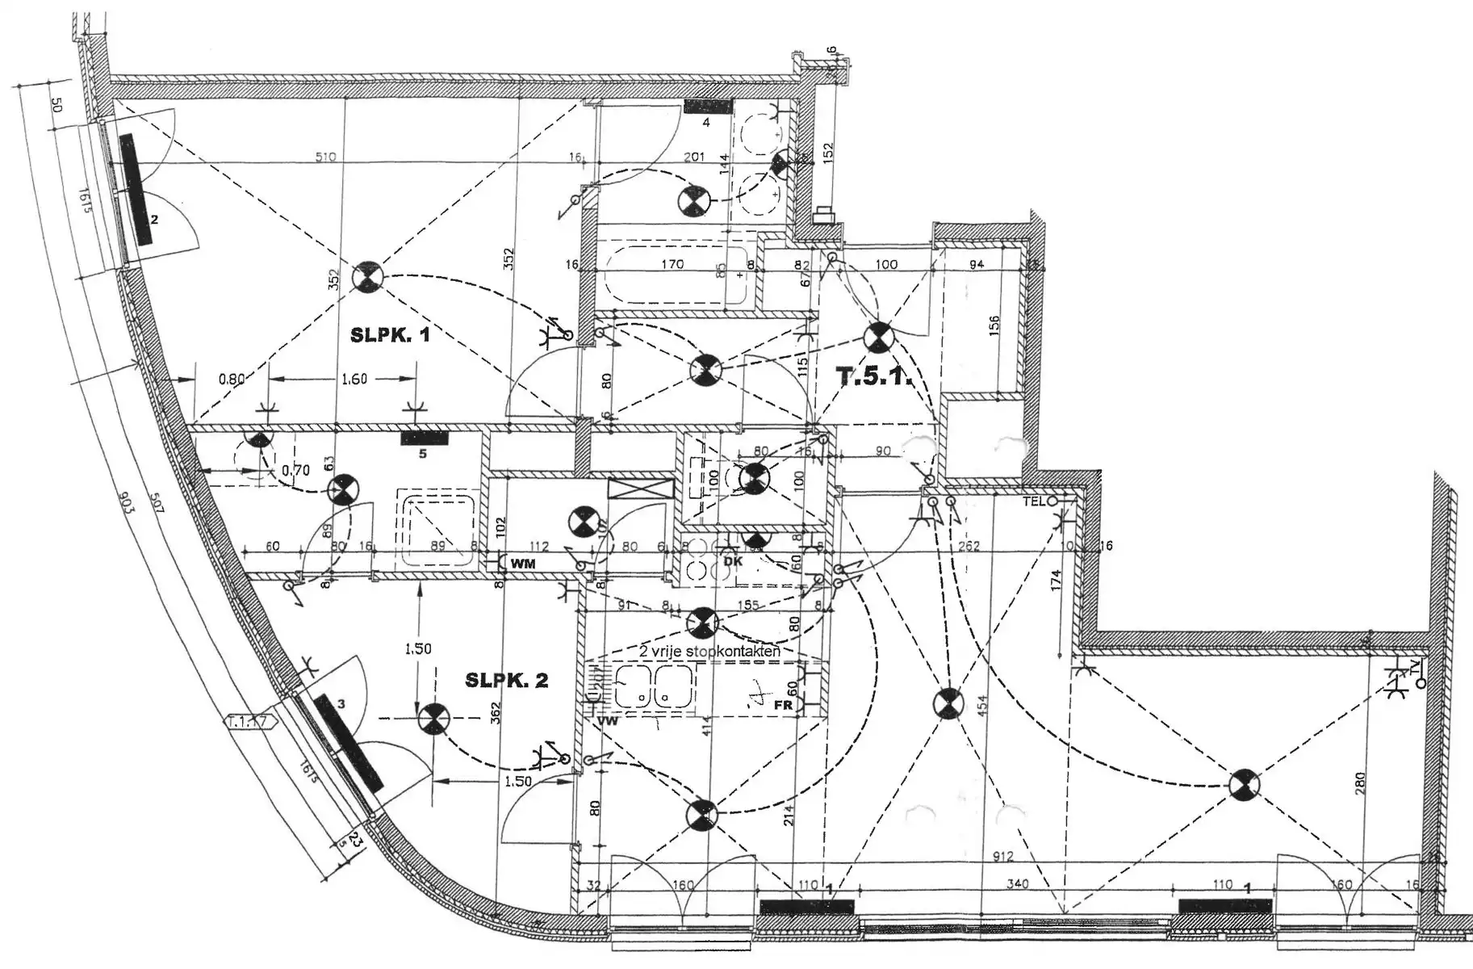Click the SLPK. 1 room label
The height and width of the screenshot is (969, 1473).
(x=390, y=335)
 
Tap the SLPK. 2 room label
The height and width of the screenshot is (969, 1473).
(x=506, y=681)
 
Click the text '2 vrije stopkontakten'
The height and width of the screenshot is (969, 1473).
(x=709, y=651)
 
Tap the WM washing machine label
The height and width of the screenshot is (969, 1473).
(x=523, y=563)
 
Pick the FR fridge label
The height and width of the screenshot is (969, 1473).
(x=783, y=704)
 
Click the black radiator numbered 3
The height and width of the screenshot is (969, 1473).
(x=349, y=742)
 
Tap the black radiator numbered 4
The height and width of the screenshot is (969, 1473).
(x=708, y=106)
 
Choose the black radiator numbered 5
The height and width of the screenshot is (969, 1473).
(x=425, y=438)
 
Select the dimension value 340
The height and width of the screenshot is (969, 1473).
(x=1018, y=884)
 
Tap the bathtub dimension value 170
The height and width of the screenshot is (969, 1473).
(x=672, y=264)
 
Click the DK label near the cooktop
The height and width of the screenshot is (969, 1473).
(x=732, y=561)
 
